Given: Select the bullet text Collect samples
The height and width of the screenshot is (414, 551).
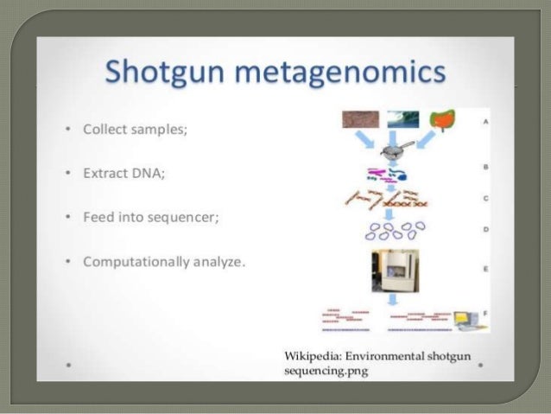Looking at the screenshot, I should [x=134, y=130].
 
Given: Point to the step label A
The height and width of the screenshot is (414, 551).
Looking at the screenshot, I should [x=486, y=122].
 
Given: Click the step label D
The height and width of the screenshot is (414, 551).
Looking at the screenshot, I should [x=486, y=230].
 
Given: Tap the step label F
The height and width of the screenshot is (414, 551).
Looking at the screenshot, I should [x=486, y=310].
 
